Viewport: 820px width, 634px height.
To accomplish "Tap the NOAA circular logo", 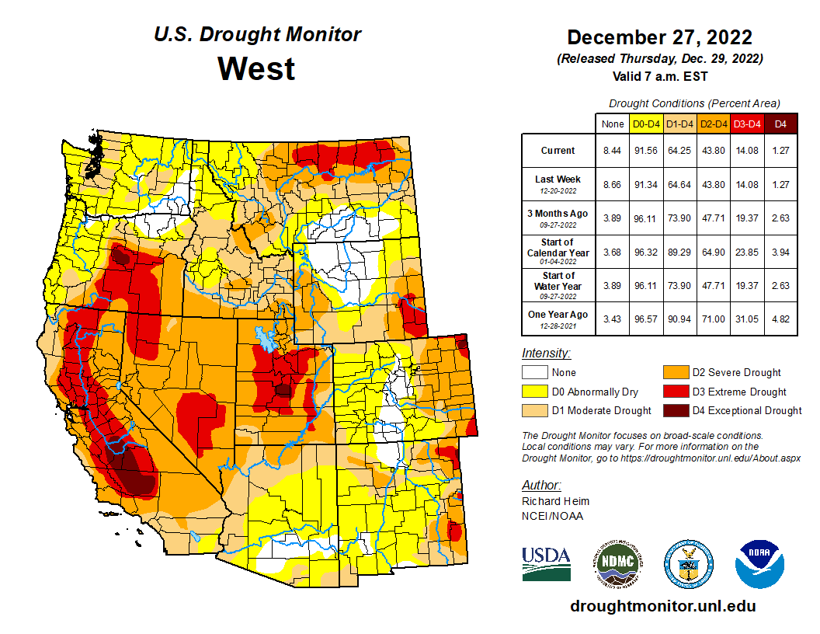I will click(759, 563).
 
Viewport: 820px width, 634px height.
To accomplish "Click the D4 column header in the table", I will click(780, 123).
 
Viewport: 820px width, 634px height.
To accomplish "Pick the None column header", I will click(612, 123).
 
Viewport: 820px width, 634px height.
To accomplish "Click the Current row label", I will click(558, 151).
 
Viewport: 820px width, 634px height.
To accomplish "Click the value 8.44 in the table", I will click(612, 151).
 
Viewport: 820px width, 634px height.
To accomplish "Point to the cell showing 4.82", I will click(780, 319).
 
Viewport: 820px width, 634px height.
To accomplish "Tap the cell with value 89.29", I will click(679, 252).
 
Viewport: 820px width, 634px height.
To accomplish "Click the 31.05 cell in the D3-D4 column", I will click(746, 319).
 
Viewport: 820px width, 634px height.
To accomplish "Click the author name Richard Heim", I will click(555, 501).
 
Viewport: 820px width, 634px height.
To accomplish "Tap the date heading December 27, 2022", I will click(659, 37).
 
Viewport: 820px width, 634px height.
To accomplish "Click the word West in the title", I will click(256, 68).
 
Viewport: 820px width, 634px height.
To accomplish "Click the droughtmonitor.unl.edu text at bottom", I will click(662, 606).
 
